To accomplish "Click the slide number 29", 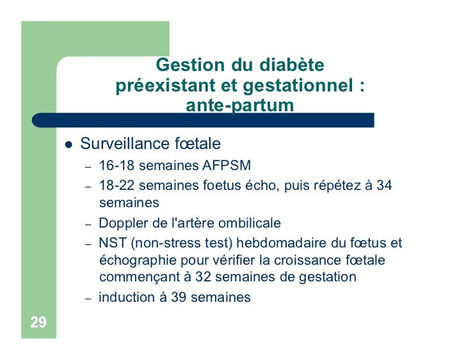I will pyautogui.click(x=38, y=322).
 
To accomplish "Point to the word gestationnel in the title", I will pyautogui.click(x=295, y=86).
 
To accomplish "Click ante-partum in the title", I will pyautogui.click(x=239, y=105).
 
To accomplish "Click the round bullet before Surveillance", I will pyautogui.click(x=68, y=143).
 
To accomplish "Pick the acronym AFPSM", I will pyautogui.click(x=222, y=168).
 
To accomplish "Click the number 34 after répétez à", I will pyautogui.click(x=385, y=186).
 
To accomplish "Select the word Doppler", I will pyautogui.click(x=122, y=224).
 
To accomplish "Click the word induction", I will pyautogui.click(x=126, y=297).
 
